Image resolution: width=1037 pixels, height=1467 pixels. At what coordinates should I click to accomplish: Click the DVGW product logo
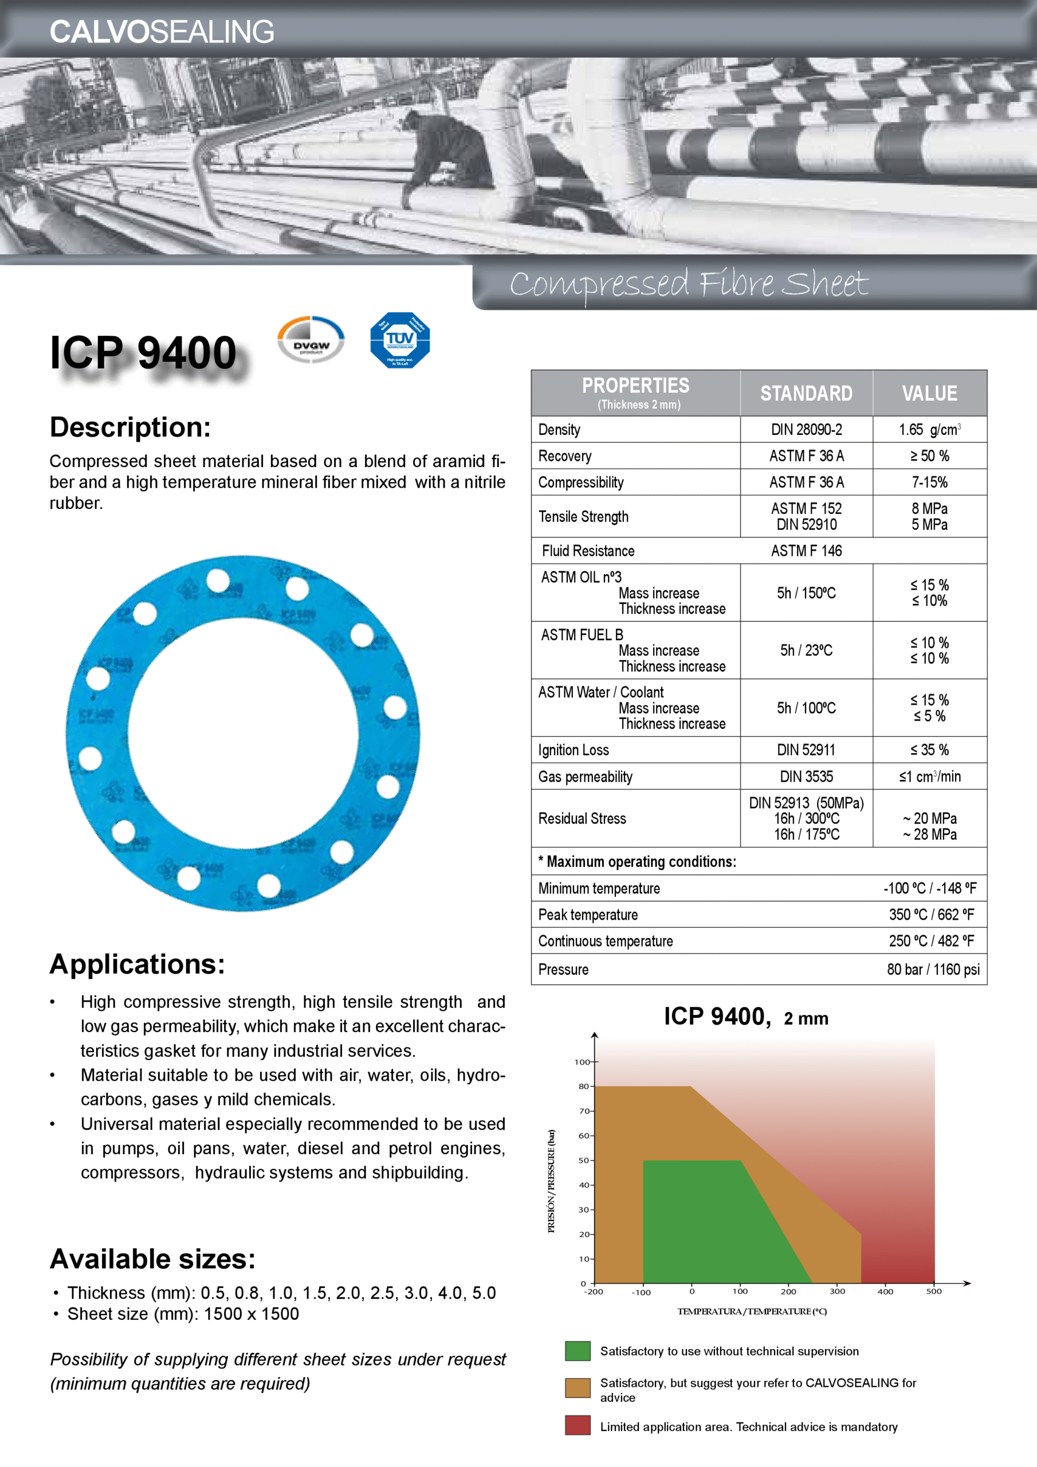pos(311,340)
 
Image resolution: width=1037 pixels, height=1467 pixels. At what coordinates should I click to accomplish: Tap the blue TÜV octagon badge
pos(400,340)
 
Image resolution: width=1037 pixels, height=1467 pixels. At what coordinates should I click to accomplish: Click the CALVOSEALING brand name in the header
pos(162,32)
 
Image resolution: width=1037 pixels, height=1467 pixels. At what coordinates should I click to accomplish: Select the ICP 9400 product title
pos(143,352)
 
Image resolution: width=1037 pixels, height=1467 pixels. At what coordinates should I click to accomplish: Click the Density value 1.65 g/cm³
pos(929,429)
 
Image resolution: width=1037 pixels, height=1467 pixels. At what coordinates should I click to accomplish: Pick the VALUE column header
pos(929,393)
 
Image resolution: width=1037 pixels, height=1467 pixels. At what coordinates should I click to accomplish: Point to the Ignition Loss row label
pos(573,750)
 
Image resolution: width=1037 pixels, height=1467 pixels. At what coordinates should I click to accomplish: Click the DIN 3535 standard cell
pos(806,776)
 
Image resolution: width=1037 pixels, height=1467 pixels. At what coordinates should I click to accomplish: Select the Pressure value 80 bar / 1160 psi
pos(932,969)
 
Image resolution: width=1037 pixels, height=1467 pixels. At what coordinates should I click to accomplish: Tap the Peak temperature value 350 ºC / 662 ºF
pos(931,915)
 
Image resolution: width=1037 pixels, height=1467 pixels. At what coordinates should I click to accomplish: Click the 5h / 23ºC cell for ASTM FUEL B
pos(806,650)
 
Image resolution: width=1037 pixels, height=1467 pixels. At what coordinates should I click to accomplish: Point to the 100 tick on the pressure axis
pos(582,1062)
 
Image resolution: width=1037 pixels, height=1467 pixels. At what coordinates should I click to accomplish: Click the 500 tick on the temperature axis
pos(933,1291)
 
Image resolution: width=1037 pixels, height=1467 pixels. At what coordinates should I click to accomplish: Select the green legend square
pos(578,1351)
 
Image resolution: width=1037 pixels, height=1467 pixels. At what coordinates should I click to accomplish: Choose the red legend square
pos(578,1426)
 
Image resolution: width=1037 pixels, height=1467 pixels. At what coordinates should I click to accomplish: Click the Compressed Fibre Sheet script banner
pos(689,284)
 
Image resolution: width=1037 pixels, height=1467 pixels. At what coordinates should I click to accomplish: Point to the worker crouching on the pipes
pos(447,154)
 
